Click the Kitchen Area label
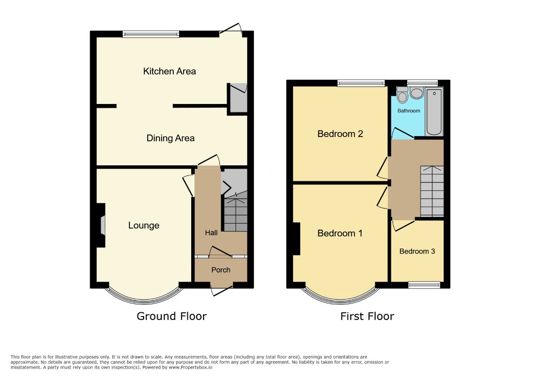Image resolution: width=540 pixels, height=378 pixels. click(x=169, y=71)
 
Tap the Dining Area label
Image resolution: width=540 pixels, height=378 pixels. click(x=170, y=138)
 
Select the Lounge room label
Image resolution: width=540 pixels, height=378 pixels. click(x=143, y=226)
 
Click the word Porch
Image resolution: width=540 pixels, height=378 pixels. click(x=221, y=270)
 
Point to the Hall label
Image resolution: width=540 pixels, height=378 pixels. click(x=211, y=233)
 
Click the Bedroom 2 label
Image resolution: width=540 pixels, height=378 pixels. click(x=340, y=134)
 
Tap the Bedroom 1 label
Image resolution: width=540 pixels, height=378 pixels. click(x=340, y=233)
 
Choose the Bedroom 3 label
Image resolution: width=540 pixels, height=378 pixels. click(x=417, y=251)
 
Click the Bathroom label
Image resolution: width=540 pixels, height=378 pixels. click(x=409, y=111)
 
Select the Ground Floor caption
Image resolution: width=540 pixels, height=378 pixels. click(x=171, y=316)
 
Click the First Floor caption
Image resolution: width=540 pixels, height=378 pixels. click(x=367, y=316)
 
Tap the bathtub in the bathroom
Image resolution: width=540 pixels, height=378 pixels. click(x=434, y=112)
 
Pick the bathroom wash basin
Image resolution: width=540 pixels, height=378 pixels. click(x=417, y=93)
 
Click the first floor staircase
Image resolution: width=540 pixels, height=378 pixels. click(x=432, y=191)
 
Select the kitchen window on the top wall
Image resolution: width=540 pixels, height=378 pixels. click(x=151, y=34)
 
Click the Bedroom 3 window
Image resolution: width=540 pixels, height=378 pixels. click(x=424, y=285)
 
